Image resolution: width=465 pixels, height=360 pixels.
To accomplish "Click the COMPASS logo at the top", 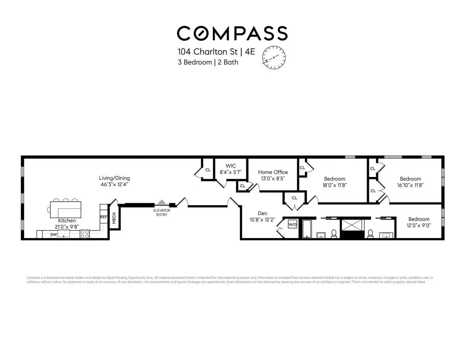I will click(232, 33).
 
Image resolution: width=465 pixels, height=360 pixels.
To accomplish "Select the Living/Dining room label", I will click(114, 178).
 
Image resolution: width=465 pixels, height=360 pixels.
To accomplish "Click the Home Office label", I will click(273, 172).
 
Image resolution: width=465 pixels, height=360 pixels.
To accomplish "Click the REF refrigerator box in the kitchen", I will click(103, 217).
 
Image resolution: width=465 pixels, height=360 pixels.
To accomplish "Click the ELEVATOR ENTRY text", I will click(162, 213).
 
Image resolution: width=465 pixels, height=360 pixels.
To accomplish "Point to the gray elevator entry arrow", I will click(162, 202).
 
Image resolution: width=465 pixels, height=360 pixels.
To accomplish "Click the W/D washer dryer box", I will click(292, 224).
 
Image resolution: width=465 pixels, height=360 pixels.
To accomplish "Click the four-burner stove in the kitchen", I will click(85, 234).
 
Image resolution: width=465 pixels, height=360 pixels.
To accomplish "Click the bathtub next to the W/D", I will click(307, 228).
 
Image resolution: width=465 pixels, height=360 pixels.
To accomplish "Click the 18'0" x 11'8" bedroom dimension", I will click(335, 185).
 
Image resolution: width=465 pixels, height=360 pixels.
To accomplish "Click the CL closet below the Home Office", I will click(294, 198).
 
